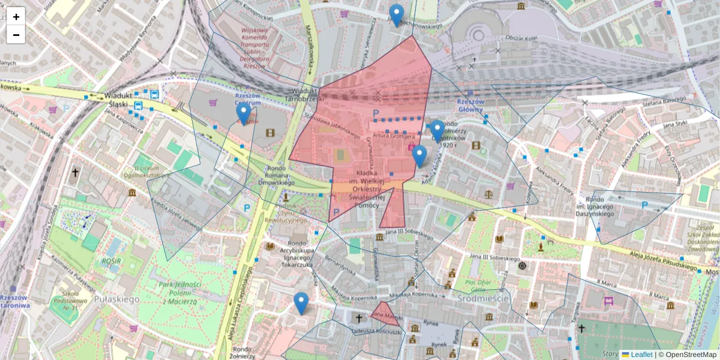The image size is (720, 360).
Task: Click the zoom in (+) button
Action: point(16,17)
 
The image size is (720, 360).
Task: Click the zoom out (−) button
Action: point(16,35)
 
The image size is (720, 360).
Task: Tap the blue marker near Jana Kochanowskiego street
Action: point(396,15)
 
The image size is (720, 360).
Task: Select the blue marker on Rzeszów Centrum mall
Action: point(243,113)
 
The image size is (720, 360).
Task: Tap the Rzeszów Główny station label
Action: point(470,105)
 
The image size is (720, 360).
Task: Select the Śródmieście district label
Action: point(483,298)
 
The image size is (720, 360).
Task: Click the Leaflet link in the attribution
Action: point(641,355)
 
